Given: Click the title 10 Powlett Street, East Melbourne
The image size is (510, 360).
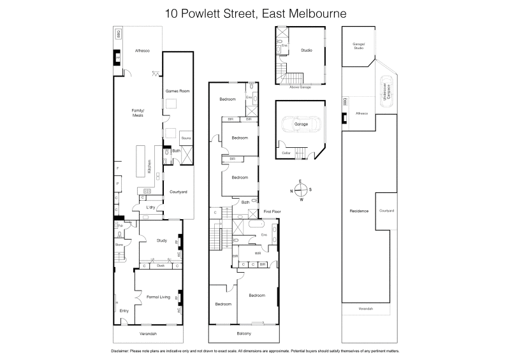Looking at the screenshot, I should (254, 13).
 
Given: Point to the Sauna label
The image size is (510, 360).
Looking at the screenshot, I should (186, 138).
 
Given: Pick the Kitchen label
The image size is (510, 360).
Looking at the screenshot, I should (150, 167).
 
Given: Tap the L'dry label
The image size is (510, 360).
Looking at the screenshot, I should (151, 208).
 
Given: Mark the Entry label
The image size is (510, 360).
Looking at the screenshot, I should (124, 310).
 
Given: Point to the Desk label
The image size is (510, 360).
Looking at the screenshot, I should (161, 266).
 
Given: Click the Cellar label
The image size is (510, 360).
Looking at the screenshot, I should (286, 153).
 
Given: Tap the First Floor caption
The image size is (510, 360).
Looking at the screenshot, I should (272, 210).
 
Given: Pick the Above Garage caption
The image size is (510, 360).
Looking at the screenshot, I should (300, 87).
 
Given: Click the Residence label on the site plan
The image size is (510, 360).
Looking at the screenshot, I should (359, 210).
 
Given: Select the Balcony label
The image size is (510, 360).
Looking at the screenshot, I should (244, 333).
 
